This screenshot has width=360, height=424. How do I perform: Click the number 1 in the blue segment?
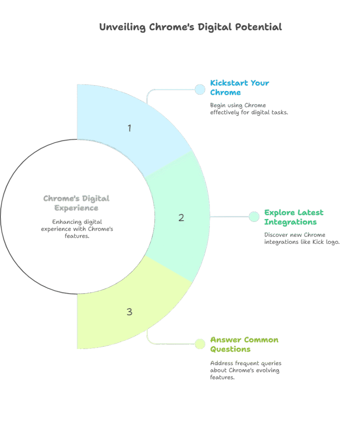(130, 128)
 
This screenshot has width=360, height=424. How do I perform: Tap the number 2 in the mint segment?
(181, 218)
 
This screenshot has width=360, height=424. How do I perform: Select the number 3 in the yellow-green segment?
(130, 312)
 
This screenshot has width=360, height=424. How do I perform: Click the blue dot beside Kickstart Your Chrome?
(200, 89)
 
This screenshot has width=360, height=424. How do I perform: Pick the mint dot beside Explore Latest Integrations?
(254, 217)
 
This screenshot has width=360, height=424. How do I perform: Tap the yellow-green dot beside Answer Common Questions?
(200, 344)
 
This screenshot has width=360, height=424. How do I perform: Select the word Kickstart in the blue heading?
(229, 83)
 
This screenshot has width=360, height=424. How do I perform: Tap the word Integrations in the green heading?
(290, 222)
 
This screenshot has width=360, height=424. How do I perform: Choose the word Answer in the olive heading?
(226, 340)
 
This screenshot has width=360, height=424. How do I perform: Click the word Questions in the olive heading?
(230, 349)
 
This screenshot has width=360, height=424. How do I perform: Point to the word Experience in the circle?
(76, 208)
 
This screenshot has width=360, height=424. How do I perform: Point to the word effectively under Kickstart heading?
(225, 112)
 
